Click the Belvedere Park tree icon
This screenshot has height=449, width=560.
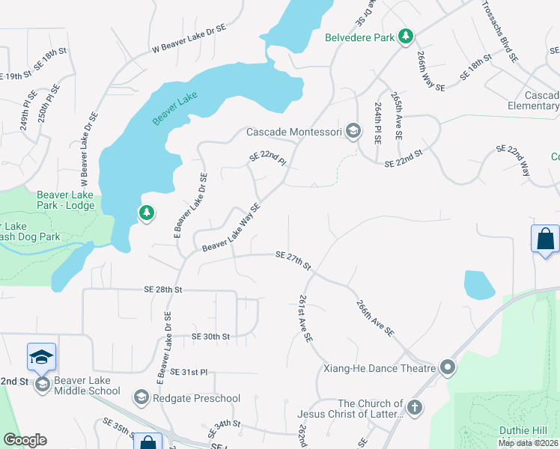point(405,36)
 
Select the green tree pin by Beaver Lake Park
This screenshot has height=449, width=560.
point(147,213)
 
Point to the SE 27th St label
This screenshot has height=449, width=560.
point(293,260)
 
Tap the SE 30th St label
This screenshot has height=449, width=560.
point(210,337)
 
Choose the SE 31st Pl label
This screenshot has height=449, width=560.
point(189,372)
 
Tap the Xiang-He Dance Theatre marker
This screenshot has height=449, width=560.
point(448,367)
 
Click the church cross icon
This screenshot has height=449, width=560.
point(414,408)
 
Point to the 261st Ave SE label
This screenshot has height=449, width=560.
point(304,319)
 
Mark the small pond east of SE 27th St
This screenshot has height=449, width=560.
point(479,284)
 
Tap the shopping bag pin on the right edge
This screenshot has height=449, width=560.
point(545,239)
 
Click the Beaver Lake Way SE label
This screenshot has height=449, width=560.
point(231,227)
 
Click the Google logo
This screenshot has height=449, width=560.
point(25,440)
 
